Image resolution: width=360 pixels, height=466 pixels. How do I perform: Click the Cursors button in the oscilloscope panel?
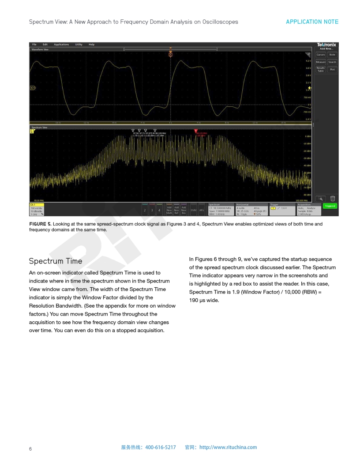point(321,55)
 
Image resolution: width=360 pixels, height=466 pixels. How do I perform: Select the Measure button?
point(321,62)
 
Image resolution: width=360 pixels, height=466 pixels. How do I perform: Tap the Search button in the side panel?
point(332,62)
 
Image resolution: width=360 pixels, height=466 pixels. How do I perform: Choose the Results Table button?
point(321,70)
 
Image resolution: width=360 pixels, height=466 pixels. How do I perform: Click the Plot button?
point(332,70)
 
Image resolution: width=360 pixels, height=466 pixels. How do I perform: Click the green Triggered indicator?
point(330,206)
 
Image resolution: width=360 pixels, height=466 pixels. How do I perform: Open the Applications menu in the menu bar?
point(61,45)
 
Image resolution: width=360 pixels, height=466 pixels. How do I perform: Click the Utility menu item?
point(79,45)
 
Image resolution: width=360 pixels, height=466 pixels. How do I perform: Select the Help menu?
point(91,45)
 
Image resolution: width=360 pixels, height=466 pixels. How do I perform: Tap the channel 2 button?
point(145,210)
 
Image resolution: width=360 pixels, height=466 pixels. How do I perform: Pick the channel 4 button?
point(159,210)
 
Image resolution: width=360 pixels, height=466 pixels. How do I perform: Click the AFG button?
point(202,210)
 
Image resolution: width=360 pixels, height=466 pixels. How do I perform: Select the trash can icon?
point(333,199)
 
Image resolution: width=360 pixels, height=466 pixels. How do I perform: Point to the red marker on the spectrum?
point(196,131)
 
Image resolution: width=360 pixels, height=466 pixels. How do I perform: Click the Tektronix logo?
point(326,45)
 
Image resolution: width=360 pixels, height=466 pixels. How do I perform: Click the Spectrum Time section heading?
point(56,261)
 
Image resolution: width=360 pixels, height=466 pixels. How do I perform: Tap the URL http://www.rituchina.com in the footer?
point(228,447)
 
